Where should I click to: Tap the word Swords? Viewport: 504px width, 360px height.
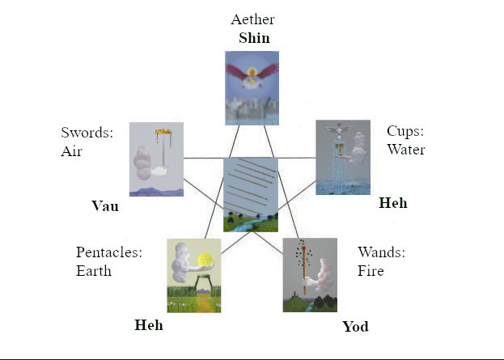coord(87,133)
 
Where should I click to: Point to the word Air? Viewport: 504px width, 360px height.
coord(73,150)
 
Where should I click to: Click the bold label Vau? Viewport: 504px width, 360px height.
coord(104,206)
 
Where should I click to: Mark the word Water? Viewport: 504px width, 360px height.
coord(405,149)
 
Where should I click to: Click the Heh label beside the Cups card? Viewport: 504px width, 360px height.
coord(392,203)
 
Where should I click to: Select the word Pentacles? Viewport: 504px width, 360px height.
coord(109,252)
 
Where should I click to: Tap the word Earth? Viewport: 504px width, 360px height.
coord(94,270)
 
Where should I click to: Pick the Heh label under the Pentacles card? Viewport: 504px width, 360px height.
coord(148,325)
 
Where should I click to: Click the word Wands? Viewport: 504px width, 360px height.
coord(381,252)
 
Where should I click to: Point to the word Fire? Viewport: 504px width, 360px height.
coord(371,270)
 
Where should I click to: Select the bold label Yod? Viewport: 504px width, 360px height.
coord(355,326)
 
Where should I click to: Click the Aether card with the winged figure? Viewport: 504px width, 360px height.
coord(252,87)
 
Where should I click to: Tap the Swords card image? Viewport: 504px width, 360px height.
coord(156,159)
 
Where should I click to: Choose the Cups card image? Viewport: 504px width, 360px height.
coord(342,157)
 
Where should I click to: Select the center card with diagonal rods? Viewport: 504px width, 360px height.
coord(251,195)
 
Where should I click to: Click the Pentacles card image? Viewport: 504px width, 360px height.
coord(193,275)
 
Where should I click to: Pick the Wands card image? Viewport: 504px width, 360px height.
coord(310,274)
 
